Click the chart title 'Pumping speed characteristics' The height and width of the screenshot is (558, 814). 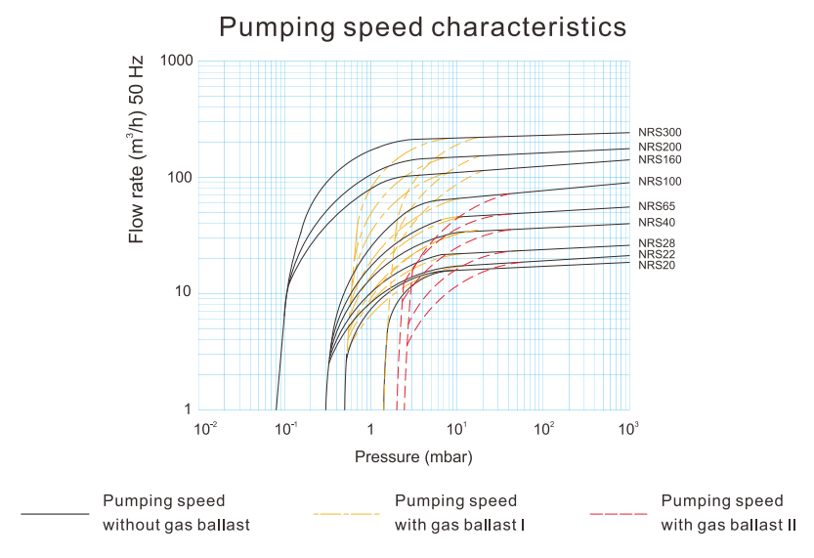point(422,26)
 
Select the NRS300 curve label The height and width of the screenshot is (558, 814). point(660,132)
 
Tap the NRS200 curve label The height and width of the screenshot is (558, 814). point(660,148)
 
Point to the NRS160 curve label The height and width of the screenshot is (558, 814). point(660,159)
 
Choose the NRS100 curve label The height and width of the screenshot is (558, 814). point(660,182)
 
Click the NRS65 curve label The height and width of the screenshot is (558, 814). point(657,206)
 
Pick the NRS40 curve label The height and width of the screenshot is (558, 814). point(657,224)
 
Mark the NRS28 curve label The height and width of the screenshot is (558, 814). point(657,243)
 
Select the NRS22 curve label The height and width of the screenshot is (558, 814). point(657,254)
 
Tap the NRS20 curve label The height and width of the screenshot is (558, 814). point(657,265)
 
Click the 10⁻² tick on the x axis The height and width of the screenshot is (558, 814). point(205,429)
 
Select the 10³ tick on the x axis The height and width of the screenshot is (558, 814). point(629,429)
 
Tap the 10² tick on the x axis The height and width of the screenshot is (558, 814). point(544,429)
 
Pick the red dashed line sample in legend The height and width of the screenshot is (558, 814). point(619,513)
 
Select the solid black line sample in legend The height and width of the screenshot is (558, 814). point(55,513)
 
